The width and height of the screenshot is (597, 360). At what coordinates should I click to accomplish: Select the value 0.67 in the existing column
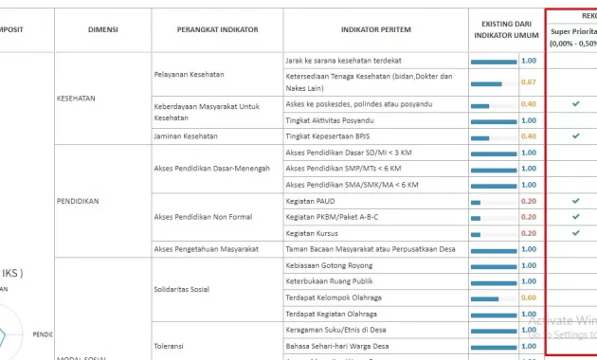click(529, 82)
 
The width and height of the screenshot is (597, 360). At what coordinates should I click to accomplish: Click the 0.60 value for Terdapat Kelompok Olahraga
click(529, 297)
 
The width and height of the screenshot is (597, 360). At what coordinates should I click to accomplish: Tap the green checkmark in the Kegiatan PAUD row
click(575, 202)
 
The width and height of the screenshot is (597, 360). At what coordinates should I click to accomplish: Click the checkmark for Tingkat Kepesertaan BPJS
click(575, 136)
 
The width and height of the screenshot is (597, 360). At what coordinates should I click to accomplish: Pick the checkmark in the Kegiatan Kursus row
click(575, 233)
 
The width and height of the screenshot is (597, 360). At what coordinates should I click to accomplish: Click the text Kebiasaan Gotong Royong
click(329, 265)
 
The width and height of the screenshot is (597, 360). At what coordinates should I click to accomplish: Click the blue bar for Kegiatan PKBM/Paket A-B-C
click(477, 218)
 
